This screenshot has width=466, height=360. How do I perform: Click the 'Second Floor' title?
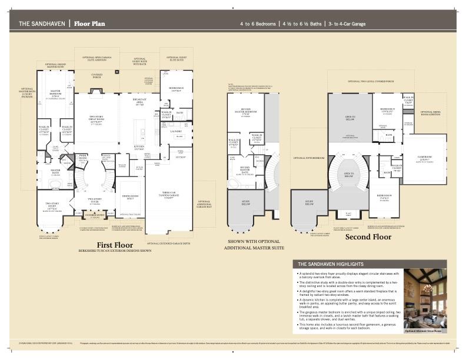pos(368,237)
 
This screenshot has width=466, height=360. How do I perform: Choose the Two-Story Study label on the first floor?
pos(51,206)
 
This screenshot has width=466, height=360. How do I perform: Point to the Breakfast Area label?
pos(139,102)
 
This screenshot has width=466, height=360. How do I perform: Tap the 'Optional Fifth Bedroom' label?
pos(310,158)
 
